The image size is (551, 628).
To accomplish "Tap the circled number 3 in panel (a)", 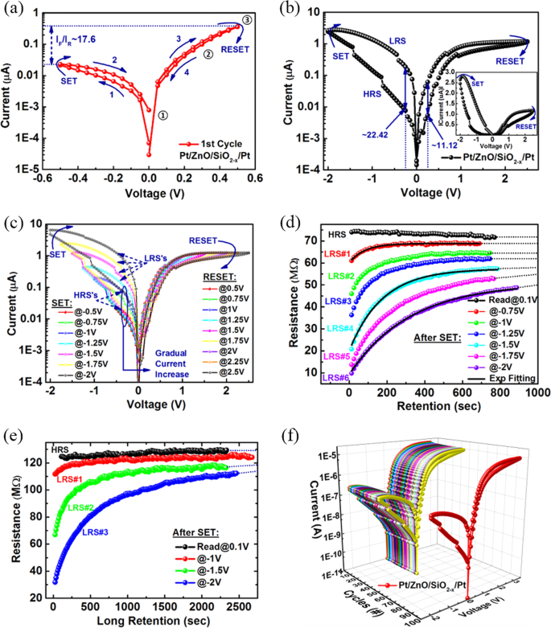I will [247, 19].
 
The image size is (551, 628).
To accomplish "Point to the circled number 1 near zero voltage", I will [163, 114].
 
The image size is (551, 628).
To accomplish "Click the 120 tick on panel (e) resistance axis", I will [28, 462].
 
